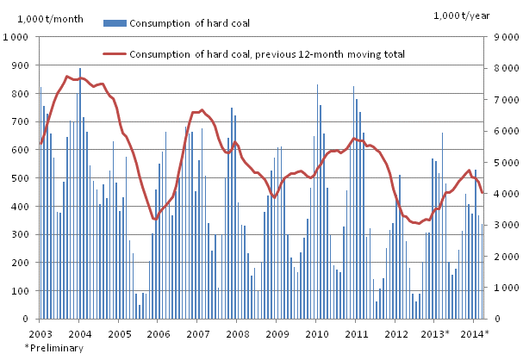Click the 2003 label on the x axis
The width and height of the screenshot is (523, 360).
coord(40,332)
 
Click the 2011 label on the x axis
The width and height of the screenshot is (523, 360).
coord(357,332)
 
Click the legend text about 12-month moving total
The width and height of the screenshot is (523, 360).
coord(267,53)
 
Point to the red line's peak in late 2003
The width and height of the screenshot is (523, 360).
coord(67,77)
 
